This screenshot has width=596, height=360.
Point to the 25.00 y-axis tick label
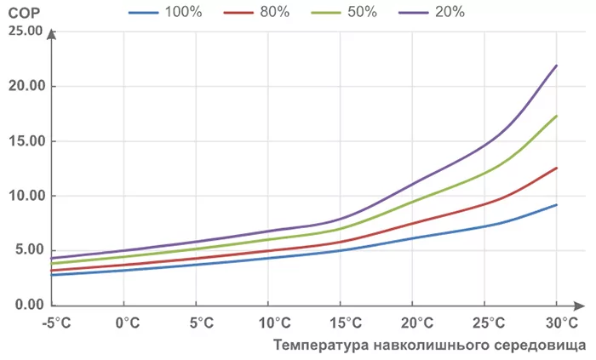(x=25, y=31)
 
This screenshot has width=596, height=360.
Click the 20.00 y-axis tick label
(x=25, y=87)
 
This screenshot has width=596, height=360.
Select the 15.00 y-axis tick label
(x=25, y=141)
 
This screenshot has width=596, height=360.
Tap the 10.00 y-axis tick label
(x=25, y=196)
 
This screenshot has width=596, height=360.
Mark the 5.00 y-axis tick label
(x=28, y=250)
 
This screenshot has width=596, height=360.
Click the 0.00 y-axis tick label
(x=28, y=305)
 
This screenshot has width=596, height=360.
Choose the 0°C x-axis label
(x=126, y=323)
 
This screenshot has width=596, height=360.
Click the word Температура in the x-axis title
(x=319, y=345)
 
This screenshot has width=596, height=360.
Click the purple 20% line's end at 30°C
(x=556, y=66)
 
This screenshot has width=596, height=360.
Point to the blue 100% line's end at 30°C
(x=556, y=205)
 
